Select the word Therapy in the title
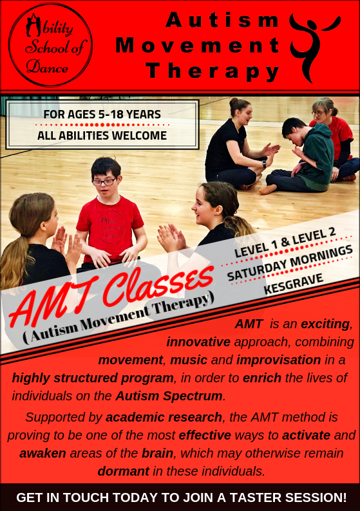click(x=213, y=70)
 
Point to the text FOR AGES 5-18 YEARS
click(x=102, y=115)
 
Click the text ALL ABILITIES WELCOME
click(x=102, y=135)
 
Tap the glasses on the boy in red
click(x=104, y=182)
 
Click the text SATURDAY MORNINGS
click(x=290, y=262)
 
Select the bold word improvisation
click(x=278, y=359)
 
